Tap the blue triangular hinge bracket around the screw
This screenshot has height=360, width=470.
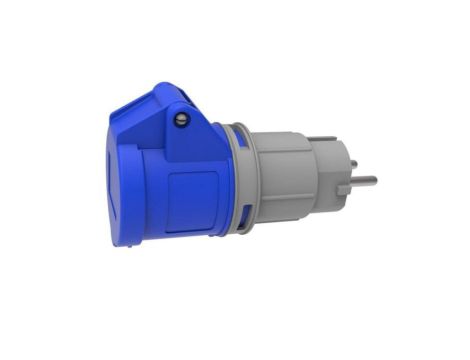coord(190,130)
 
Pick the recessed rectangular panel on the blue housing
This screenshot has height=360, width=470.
coord(184,196)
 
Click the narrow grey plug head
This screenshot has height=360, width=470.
coord(330,180)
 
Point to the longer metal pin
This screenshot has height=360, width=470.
coord(362,182)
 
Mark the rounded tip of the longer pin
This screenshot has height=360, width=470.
coord(375,182)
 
